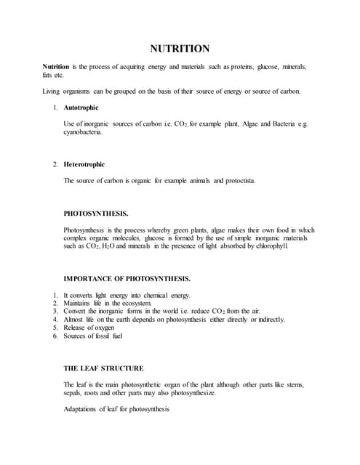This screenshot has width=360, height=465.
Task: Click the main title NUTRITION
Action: click(x=180, y=49)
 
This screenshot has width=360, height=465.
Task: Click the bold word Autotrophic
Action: click(x=87, y=108)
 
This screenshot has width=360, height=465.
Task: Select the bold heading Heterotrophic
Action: click(x=90, y=164)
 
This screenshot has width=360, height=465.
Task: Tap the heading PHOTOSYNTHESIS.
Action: click(x=97, y=214)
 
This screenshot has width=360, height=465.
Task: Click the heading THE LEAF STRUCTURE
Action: click(x=103, y=368)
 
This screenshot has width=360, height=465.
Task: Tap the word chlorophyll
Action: click(x=269, y=246)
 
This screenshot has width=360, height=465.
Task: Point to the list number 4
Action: click(x=56, y=319)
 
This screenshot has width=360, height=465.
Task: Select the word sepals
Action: click(x=75, y=392)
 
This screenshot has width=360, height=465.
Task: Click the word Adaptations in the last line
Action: click(x=84, y=409)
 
